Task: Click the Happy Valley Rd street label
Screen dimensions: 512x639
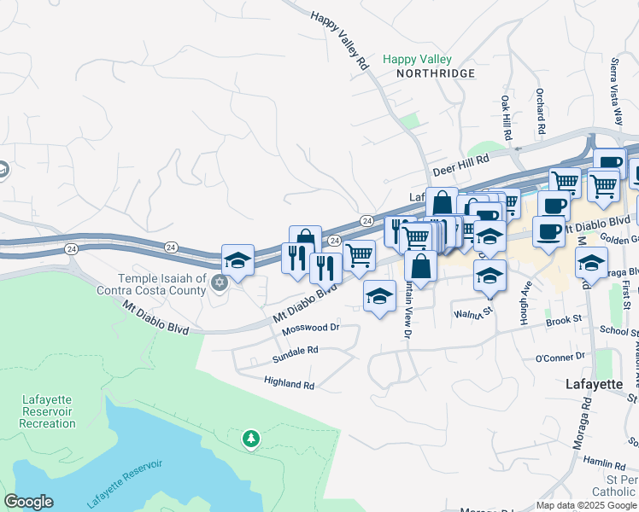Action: point(339,41)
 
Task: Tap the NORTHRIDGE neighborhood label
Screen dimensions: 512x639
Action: point(435,74)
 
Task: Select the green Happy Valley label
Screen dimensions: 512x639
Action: point(417,59)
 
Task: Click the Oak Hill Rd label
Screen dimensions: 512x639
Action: point(506,118)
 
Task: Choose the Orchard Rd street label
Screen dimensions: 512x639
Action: point(541,111)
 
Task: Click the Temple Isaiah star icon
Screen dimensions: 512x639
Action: point(219,282)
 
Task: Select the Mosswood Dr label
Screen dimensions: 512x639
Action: point(311,328)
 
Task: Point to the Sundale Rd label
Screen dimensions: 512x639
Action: point(295,350)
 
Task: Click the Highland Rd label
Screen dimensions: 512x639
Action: point(289,384)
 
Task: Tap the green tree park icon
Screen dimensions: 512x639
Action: point(250,439)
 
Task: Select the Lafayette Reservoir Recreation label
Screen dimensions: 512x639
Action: point(48,411)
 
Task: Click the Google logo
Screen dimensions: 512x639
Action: point(28,502)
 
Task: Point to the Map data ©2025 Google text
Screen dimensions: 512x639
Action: point(586,505)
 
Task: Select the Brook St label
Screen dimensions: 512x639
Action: point(564,320)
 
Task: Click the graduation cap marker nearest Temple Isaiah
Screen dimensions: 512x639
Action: point(238,260)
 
